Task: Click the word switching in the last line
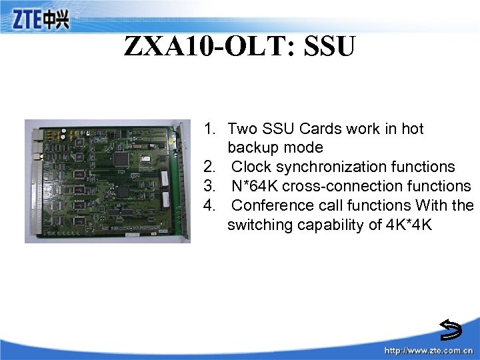pyautogui.click(x=258, y=225)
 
